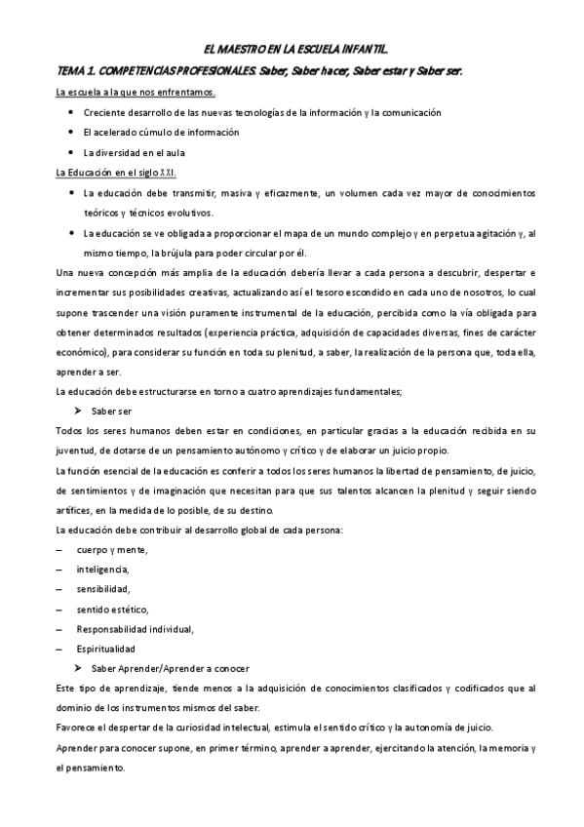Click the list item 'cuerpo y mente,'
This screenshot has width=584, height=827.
(x=112, y=549)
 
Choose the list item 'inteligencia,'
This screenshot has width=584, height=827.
(x=102, y=570)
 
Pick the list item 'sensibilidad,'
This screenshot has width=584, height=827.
(x=103, y=589)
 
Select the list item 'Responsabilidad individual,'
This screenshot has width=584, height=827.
(x=135, y=628)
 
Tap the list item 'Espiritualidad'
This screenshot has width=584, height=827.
(x=106, y=648)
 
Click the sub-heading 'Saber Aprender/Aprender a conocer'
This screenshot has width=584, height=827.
(x=170, y=668)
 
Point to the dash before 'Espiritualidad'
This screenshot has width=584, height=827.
(x=59, y=648)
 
